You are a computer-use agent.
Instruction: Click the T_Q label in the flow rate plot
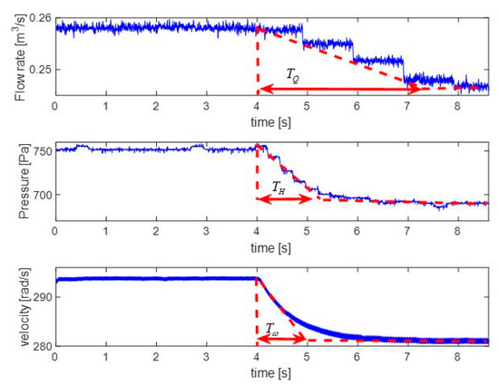[x=292, y=77]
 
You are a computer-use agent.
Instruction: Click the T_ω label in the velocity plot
[x=273, y=328]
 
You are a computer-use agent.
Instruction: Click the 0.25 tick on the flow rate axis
[x=40, y=69]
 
